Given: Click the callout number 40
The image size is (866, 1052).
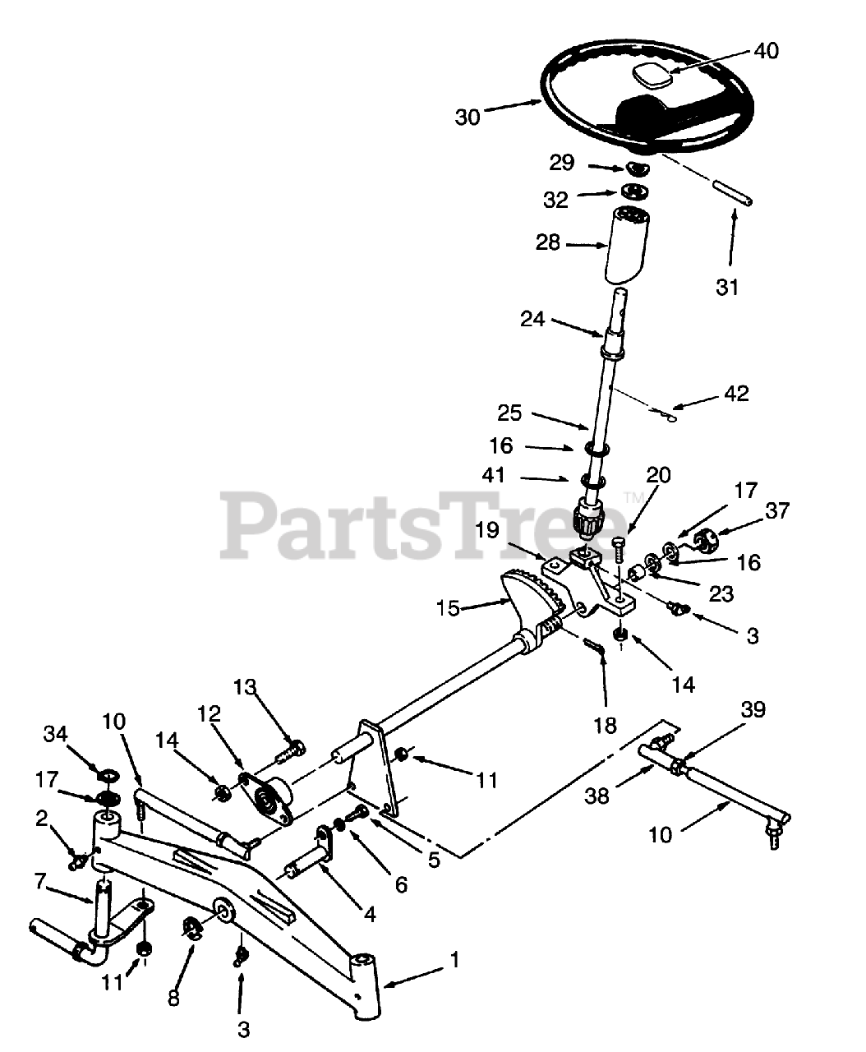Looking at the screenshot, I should [767, 51].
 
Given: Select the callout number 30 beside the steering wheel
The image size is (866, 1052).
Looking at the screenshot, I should [468, 118].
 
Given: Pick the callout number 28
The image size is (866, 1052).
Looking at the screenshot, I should [548, 243].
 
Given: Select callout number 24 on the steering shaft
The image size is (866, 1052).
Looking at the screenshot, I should [532, 318].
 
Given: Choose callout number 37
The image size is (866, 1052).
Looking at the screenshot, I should [776, 510].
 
